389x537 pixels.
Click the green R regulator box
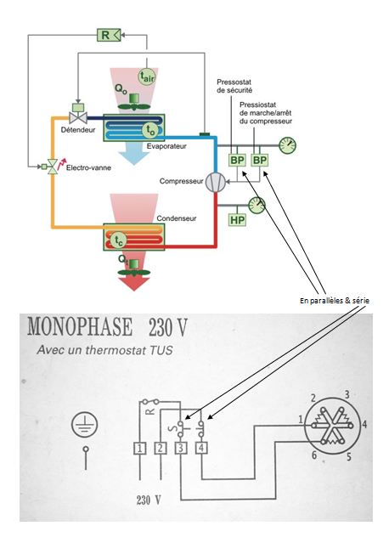click(x=109, y=35)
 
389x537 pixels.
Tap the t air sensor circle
click(x=147, y=76)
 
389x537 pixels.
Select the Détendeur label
click(x=78, y=130)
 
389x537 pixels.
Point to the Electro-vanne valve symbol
click(x=52, y=167)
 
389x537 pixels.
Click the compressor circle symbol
click(x=216, y=182)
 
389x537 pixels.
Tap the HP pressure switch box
click(x=237, y=219)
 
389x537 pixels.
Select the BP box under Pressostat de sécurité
click(x=237, y=160)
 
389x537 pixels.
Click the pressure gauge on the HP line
click(x=257, y=205)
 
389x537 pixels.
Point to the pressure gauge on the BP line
click(x=287, y=145)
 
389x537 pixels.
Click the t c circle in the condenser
click(x=118, y=240)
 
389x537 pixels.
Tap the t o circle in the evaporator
click(x=150, y=130)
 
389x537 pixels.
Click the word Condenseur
click(x=177, y=218)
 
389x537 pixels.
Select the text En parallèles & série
click(x=335, y=301)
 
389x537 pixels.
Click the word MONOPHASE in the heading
click(x=80, y=327)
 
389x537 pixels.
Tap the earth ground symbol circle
click(x=84, y=424)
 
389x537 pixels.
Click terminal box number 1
click(x=139, y=449)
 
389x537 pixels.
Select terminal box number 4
click(x=201, y=449)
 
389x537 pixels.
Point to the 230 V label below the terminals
click(x=149, y=500)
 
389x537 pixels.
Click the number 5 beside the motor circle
click(x=348, y=456)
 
